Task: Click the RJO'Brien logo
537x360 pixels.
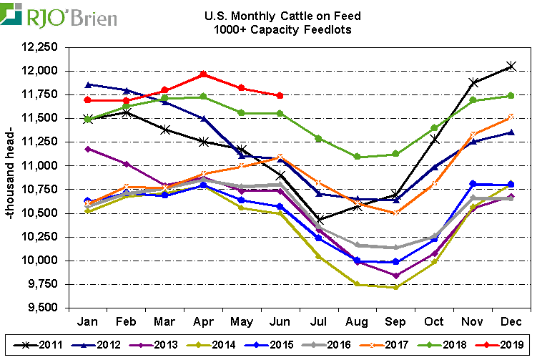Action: [61, 15]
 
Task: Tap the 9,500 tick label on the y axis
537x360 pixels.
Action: [36, 308]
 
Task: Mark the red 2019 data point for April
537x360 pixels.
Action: [203, 74]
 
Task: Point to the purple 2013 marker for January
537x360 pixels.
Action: [87, 149]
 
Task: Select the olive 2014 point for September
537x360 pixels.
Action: [395, 288]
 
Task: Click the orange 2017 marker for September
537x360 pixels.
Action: [395, 213]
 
